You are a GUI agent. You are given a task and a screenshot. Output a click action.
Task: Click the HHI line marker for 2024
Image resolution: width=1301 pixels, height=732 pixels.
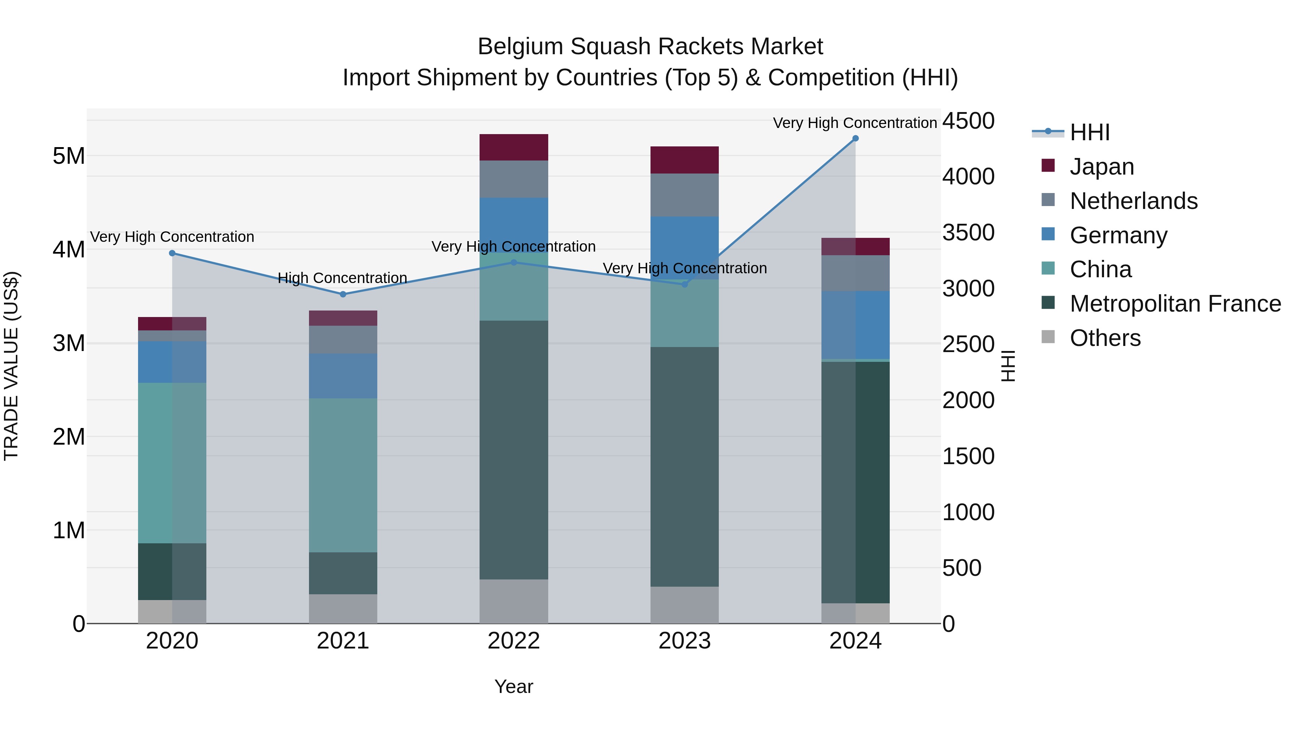click(x=855, y=138)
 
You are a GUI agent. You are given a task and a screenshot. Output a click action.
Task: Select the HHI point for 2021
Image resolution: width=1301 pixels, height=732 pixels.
click(x=343, y=294)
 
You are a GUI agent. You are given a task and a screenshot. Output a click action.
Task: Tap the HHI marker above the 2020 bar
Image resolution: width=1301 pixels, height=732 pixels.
click(x=172, y=253)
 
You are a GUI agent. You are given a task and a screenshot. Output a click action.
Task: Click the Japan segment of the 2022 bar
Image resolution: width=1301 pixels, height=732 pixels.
click(x=514, y=147)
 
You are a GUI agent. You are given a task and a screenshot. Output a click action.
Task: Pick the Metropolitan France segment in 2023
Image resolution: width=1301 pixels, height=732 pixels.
click(x=684, y=466)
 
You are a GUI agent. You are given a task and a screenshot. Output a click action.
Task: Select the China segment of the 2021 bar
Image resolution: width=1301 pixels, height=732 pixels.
click(x=343, y=475)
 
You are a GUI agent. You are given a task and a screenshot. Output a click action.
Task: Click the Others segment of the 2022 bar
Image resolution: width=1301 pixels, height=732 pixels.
click(x=514, y=601)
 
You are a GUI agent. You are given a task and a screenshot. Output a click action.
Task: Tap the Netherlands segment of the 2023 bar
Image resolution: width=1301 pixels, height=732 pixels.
click(x=684, y=195)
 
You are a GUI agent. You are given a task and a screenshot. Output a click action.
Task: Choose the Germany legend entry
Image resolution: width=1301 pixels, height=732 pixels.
click(x=1118, y=235)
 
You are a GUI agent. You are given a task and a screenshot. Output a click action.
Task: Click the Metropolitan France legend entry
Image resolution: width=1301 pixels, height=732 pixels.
click(x=1175, y=304)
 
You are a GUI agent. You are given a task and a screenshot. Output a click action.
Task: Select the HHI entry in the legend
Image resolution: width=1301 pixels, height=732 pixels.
click(x=1089, y=132)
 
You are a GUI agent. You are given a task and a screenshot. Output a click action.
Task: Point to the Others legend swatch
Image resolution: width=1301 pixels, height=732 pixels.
click(x=1048, y=337)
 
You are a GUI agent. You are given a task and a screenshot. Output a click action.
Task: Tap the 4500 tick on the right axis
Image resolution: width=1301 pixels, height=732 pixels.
click(x=968, y=121)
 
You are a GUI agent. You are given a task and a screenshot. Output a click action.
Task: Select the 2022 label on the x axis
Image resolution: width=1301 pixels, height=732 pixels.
click(x=514, y=641)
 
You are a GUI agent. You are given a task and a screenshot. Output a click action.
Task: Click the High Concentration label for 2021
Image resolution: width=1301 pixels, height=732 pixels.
click(x=343, y=278)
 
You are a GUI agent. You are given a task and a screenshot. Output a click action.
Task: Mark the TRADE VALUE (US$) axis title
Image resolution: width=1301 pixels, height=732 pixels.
click(x=11, y=366)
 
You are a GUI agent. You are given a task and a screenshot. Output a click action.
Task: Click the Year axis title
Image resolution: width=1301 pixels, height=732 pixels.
click(x=514, y=686)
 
